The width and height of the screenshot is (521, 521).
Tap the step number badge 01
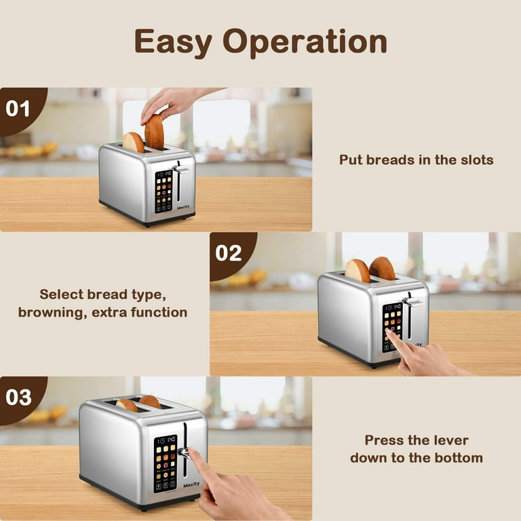(x=18, y=109)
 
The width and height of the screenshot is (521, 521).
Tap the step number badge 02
(x=229, y=253)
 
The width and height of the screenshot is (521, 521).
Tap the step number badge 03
(x=18, y=397)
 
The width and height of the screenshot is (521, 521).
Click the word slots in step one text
(x=474, y=160)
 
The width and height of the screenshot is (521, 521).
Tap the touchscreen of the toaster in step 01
(x=163, y=191)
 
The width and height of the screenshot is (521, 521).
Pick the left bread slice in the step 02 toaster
(x=358, y=270)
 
